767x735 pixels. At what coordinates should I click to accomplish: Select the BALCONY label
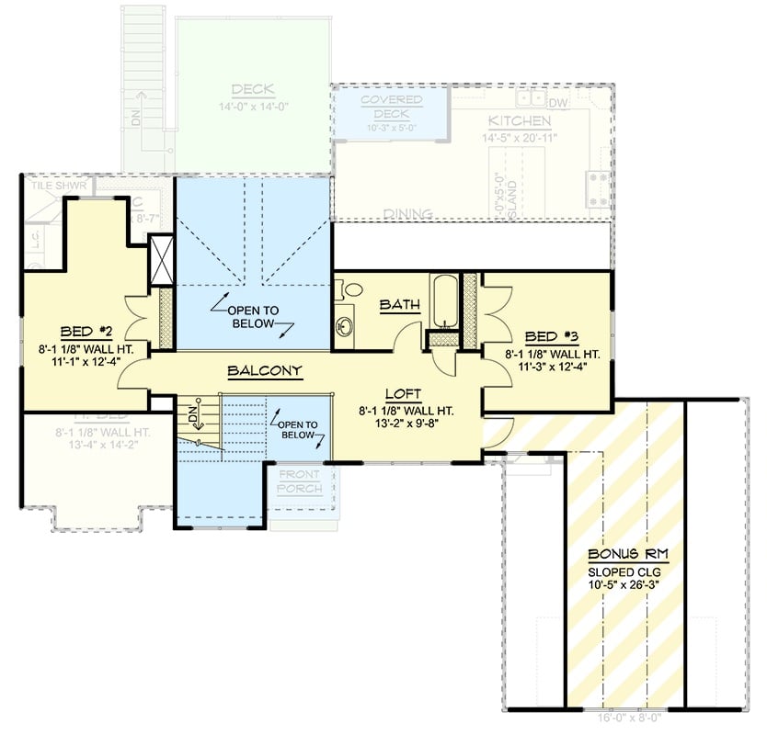tap(265, 371)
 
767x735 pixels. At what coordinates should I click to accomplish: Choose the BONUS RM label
tap(628, 554)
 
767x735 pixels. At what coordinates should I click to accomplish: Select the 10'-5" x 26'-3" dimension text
tap(628, 584)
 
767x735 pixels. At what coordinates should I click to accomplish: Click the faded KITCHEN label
tap(520, 121)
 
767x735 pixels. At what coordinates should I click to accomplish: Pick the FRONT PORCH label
tap(300, 482)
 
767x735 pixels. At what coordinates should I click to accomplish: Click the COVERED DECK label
tap(391, 107)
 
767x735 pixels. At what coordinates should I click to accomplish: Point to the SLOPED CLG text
tap(628, 571)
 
